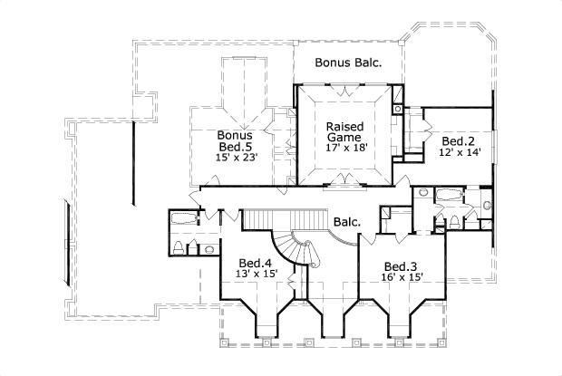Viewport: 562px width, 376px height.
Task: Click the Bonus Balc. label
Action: [x=347, y=63]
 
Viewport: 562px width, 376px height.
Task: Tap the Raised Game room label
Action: [x=345, y=131]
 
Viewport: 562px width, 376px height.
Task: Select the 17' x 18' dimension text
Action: [x=345, y=149]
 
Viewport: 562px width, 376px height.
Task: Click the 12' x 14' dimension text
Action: [x=460, y=153]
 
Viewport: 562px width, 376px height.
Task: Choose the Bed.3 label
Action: [x=400, y=265]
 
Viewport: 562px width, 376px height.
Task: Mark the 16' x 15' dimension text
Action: [x=400, y=277]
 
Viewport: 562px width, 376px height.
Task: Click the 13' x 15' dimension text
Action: [x=255, y=274]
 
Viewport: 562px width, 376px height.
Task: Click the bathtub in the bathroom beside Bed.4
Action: [x=186, y=217]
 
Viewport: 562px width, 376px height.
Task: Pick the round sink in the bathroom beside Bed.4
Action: [x=209, y=248]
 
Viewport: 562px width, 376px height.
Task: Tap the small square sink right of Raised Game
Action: [x=397, y=110]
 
